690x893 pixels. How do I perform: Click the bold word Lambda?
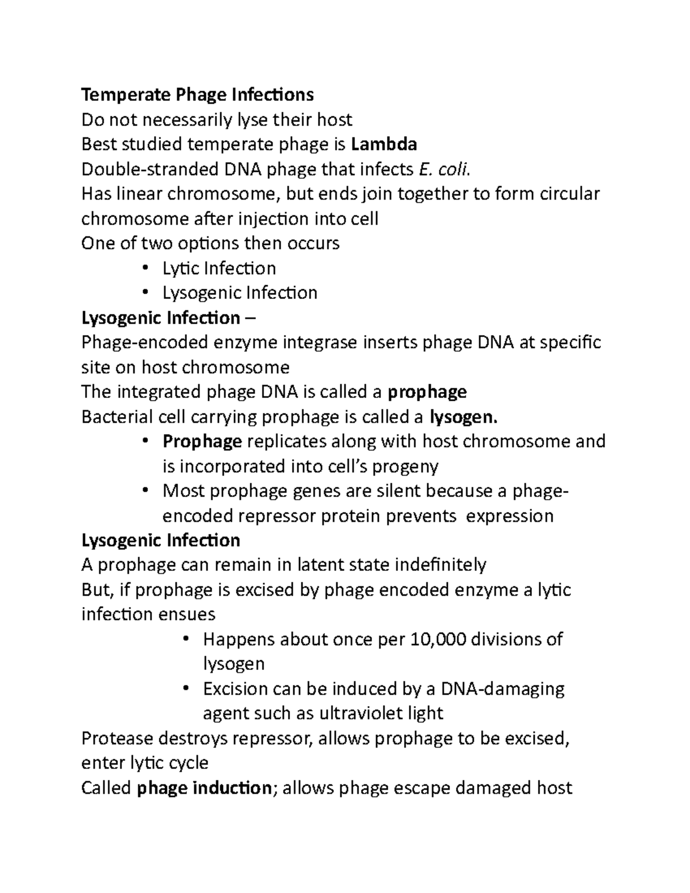coord(384,144)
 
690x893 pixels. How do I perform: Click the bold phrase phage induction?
coord(204,787)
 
